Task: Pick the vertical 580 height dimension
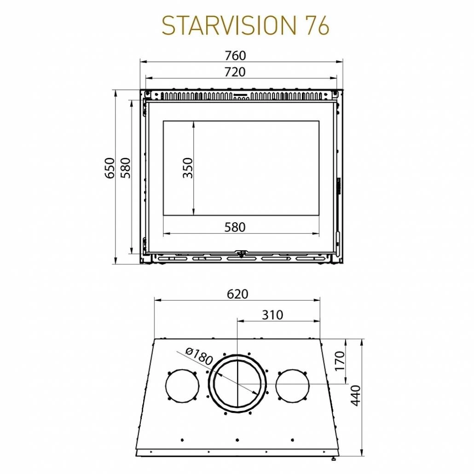pyautogui.click(x=126, y=168)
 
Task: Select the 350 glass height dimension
pyautogui.click(x=188, y=168)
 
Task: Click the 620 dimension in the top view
pyautogui.click(x=237, y=294)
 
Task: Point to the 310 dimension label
pyautogui.click(x=273, y=315)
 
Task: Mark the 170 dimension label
pyautogui.click(x=353, y=361)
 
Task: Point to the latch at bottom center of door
pyautogui.click(x=241, y=253)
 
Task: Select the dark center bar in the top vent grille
pyautogui.click(x=241, y=97)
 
